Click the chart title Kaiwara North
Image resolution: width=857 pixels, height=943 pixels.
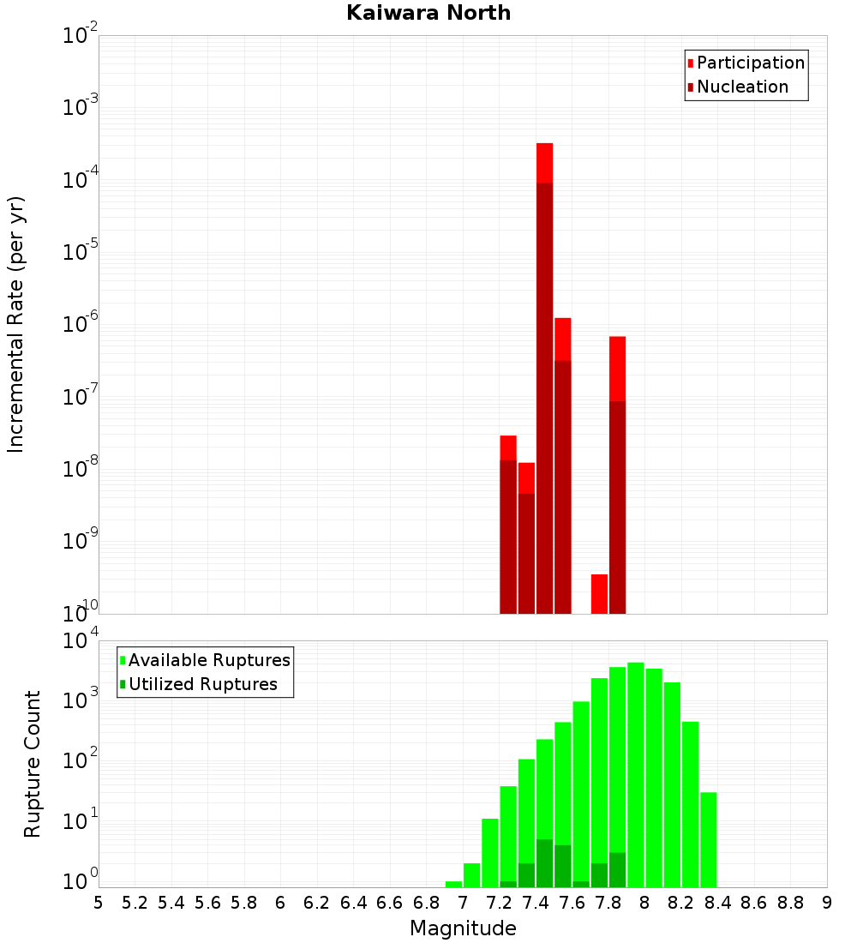click(x=428, y=13)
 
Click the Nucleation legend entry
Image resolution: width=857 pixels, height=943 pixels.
click(x=741, y=87)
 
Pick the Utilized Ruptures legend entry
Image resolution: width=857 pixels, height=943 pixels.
click(x=201, y=684)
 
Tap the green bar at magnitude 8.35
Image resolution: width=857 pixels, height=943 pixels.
click(x=708, y=839)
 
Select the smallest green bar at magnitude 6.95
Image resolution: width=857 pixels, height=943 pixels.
click(x=453, y=884)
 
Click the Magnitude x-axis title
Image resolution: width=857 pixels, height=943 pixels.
click(x=463, y=928)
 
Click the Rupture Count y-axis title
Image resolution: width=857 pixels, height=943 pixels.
click(x=33, y=764)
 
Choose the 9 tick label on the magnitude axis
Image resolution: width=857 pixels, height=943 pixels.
click(x=826, y=903)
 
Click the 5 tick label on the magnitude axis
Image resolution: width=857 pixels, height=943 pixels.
click(x=99, y=903)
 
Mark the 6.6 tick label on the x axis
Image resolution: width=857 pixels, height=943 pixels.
click(x=390, y=903)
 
